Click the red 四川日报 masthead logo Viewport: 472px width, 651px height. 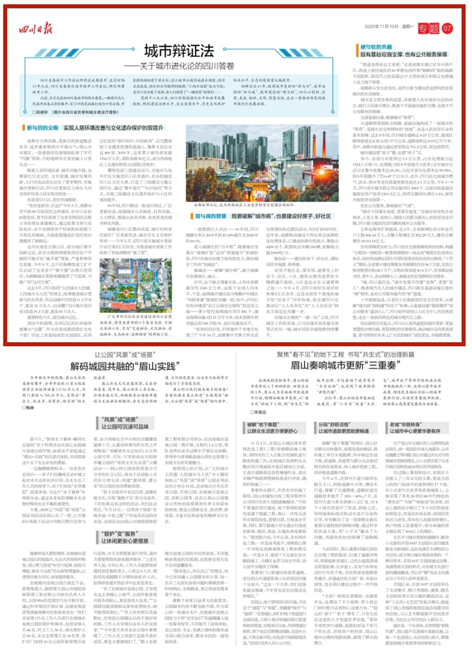coord(35,29)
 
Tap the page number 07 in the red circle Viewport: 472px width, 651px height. coord(447,29)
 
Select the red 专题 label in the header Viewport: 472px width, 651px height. coord(428,29)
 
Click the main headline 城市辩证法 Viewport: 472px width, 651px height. coord(179,51)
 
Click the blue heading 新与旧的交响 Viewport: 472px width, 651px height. coord(42,128)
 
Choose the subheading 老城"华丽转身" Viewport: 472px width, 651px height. coord(406,425)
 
